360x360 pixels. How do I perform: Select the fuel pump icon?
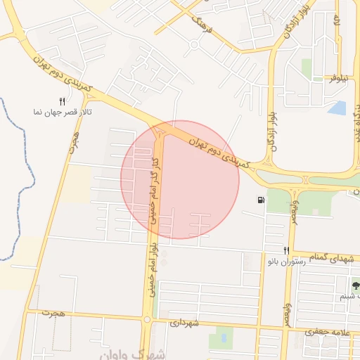[262, 201]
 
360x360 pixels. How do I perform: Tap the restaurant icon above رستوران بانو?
[285, 250]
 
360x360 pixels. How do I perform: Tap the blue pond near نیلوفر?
[337, 108]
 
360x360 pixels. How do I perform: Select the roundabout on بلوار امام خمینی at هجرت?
[146, 320]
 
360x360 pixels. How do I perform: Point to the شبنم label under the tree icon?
[352, 297]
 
